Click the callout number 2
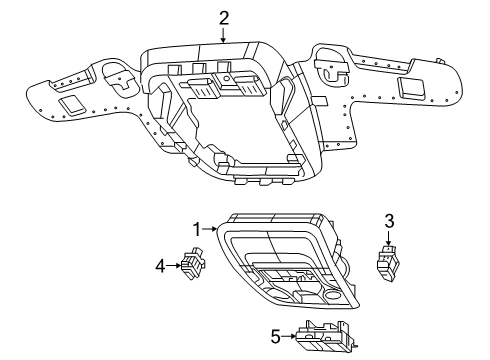[x=224, y=16]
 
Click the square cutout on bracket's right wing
[x=410, y=88]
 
